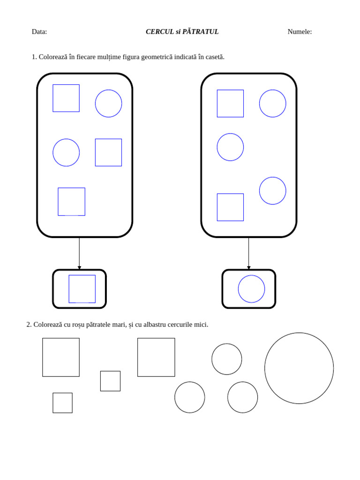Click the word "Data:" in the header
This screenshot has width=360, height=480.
39,31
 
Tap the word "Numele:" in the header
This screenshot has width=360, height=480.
300,31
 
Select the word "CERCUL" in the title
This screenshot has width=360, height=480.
159,31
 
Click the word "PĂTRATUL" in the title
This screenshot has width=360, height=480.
201,31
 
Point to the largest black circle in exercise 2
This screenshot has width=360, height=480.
265,368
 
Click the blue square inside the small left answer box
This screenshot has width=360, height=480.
69,289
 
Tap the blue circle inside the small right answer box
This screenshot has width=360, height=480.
239,289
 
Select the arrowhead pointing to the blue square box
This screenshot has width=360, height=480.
79,268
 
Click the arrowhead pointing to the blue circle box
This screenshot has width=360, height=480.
248,268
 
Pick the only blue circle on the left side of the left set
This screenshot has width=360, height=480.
53,152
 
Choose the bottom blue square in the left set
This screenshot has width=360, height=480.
58,202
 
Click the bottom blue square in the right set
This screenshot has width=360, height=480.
217,207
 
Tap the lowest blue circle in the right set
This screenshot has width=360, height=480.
260,191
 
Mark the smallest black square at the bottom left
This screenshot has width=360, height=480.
53,403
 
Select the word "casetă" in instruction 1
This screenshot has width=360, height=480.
215,57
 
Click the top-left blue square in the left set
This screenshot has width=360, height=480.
53,98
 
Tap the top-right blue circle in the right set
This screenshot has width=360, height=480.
260,104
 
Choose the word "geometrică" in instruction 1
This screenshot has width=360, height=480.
157,57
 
